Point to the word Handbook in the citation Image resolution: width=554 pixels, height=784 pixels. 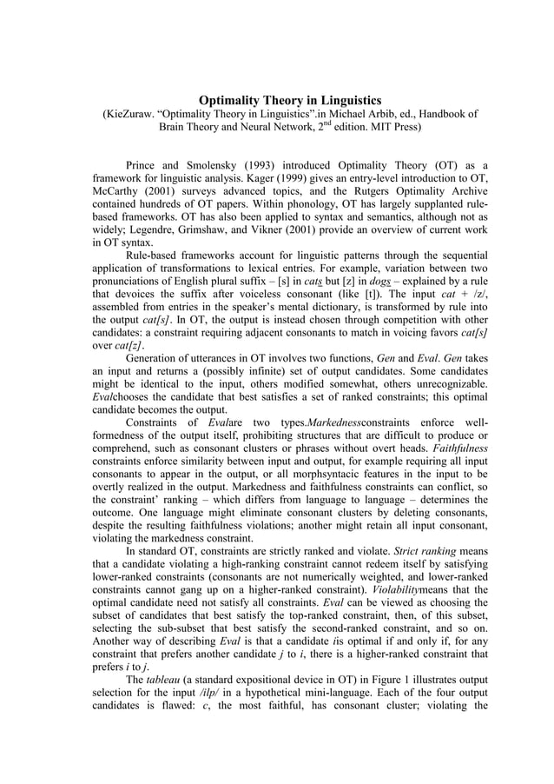coord(436,116)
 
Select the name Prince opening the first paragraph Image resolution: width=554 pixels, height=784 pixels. coord(145,166)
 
